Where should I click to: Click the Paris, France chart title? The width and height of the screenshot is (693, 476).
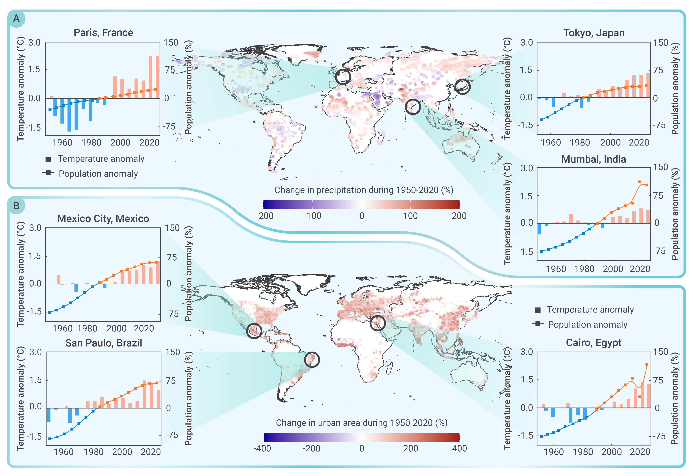[103, 33]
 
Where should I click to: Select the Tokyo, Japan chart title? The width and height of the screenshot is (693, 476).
[594, 33]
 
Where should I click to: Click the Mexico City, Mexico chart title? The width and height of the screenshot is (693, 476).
[103, 219]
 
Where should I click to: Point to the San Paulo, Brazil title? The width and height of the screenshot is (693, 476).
[104, 343]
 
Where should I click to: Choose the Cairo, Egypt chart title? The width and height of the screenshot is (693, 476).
[594, 343]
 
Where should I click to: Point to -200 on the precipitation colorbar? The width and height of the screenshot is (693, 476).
[265, 216]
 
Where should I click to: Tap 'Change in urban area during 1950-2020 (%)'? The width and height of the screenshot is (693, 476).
[362, 423]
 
